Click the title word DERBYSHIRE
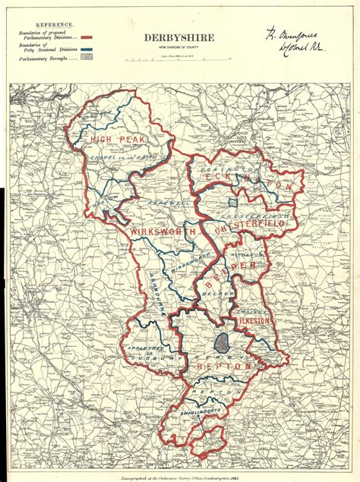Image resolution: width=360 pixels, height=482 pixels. coord(178,38)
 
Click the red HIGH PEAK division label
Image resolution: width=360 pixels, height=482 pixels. coord(112,140)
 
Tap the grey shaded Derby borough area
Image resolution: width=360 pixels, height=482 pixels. coord(222,342)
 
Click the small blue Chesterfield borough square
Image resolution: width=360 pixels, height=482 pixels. coord(235,203)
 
